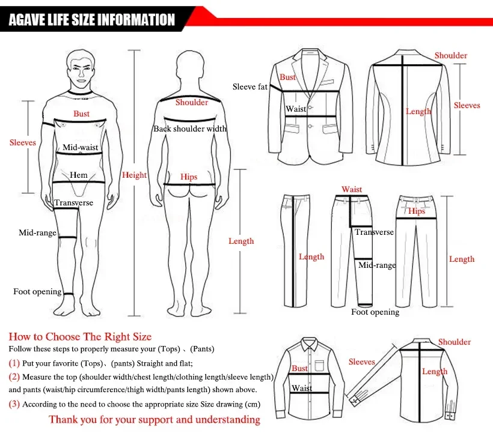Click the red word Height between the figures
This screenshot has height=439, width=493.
click(x=134, y=175)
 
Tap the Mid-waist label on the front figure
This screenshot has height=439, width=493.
click(x=81, y=147)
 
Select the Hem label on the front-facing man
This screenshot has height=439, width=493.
click(x=79, y=175)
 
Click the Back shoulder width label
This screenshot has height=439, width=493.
click(x=189, y=129)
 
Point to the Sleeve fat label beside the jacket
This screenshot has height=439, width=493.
click(x=250, y=87)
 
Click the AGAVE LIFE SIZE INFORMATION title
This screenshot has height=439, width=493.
click(x=91, y=20)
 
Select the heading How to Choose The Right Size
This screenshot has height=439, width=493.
click(x=80, y=336)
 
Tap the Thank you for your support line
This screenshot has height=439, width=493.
click(x=155, y=419)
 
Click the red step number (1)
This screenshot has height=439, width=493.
click(x=14, y=363)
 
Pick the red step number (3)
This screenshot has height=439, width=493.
click(x=14, y=404)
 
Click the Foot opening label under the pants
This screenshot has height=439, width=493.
click(x=375, y=312)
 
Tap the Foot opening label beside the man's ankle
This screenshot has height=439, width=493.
click(x=37, y=292)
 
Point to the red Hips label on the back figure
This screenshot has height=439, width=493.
click(x=189, y=177)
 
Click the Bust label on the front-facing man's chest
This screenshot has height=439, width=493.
click(x=82, y=114)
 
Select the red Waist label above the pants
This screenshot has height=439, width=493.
click(x=352, y=190)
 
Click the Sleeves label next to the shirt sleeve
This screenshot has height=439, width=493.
click(x=361, y=362)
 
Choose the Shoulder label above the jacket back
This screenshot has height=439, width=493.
click(x=451, y=56)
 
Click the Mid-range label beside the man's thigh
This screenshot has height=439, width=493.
click(x=37, y=233)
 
